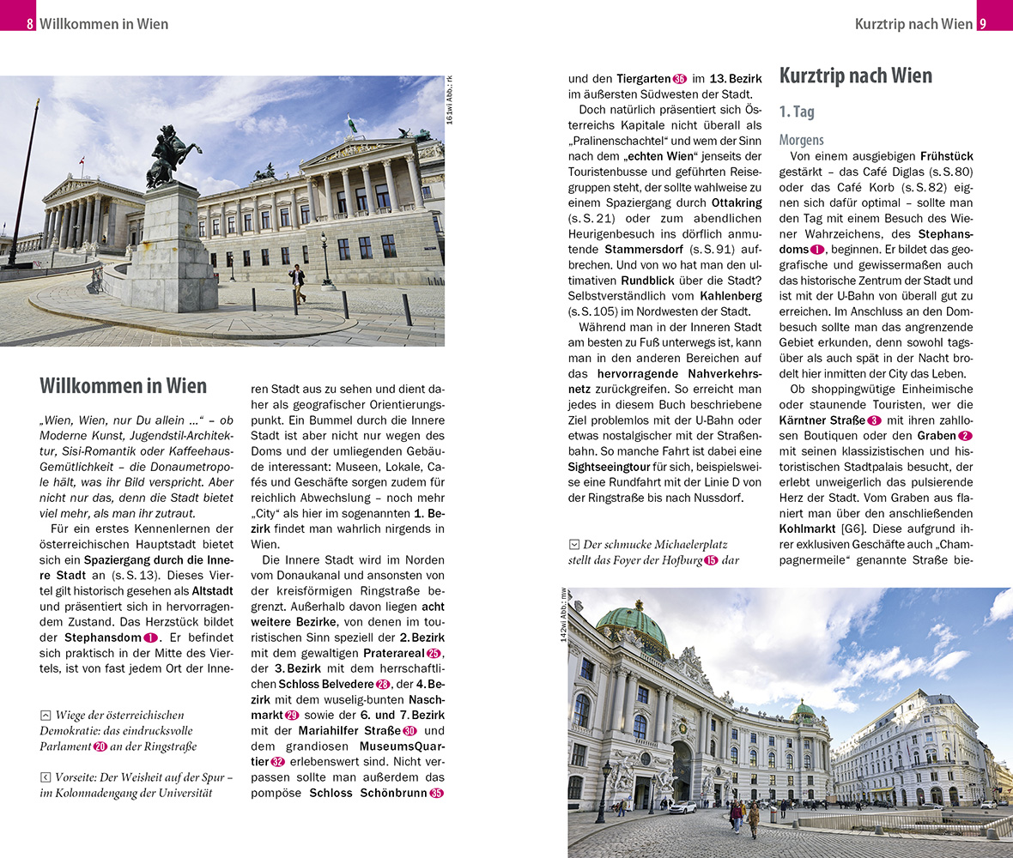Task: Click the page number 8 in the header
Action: [x=30, y=24]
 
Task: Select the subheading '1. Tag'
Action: [x=797, y=112]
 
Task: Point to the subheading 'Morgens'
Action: [x=801, y=140]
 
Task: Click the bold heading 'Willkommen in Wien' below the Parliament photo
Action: [x=124, y=385]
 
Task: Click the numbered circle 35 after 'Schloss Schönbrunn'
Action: [x=436, y=793]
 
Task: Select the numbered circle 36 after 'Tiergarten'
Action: [x=680, y=79]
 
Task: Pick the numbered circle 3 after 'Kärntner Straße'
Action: [x=874, y=420]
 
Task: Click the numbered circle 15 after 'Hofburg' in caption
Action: [x=710, y=560]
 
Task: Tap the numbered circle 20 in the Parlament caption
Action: [x=100, y=747]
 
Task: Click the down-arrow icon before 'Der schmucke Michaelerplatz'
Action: [x=573, y=545]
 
